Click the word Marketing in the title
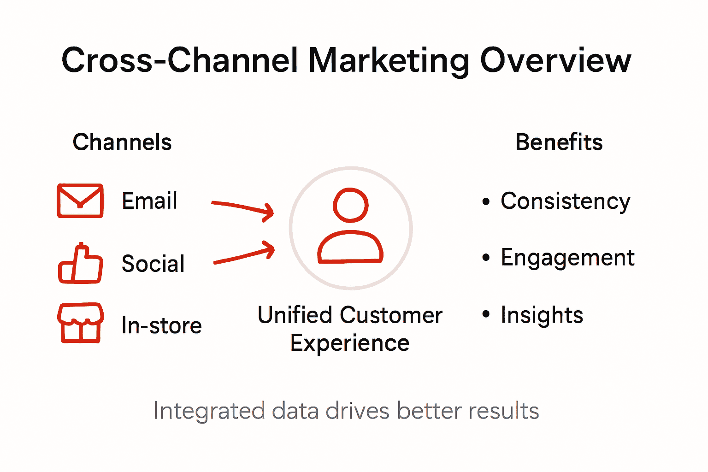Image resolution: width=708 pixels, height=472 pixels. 389,61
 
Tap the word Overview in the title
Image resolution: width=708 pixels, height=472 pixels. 555,60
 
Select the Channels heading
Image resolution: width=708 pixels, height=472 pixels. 122,142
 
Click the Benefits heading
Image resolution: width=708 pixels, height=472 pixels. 559,142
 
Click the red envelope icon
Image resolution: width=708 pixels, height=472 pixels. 80,201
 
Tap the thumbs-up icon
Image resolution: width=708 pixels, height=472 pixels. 81,264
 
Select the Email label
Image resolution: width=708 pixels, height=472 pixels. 149,201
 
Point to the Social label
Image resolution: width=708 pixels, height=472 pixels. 153,264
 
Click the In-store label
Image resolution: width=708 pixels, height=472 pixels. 161,325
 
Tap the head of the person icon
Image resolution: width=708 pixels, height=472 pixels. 351,205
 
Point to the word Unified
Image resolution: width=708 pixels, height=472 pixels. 295,315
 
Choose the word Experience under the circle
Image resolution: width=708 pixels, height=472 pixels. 350,343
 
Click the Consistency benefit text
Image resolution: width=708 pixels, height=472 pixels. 565,201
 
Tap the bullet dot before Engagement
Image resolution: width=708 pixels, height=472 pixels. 486,257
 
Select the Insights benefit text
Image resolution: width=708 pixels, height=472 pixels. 542,315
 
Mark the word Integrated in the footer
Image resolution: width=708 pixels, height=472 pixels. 209,411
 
